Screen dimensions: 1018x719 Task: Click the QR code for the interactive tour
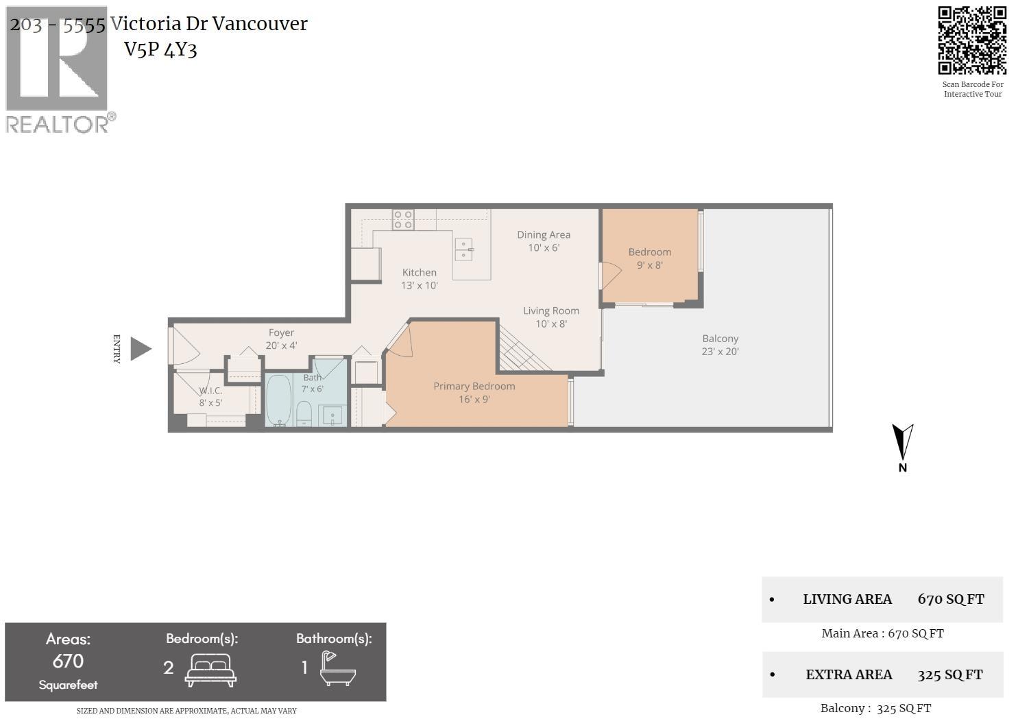click(x=972, y=40)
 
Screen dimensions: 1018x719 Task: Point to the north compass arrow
click(x=902, y=442)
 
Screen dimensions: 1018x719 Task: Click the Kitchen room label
click(x=419, y=279)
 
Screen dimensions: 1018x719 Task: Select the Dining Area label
click(x=544, y=241)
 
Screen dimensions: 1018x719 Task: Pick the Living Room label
click(x=550, y=317)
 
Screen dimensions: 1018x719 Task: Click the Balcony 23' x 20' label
click(x=720, y=345)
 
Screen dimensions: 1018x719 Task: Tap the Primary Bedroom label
click(x=474, y=393)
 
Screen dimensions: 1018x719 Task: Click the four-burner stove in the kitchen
click(x=403, y=219)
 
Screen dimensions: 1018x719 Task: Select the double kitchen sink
click(x=463, y=249)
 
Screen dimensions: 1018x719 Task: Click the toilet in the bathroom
click(x=304, y=414)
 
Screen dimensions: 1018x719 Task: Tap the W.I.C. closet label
click(x=210, y=396)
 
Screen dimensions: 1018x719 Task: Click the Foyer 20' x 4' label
click(x=281, y=339)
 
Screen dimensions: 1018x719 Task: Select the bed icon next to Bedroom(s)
click(x=210, y=670)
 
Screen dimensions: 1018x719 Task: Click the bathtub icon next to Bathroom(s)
click(x=338, y=668)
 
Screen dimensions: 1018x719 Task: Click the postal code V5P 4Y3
click(x=160, y=49)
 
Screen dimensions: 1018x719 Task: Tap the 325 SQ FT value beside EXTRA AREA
click(x=950, y=675)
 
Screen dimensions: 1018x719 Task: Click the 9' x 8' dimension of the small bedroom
click(x=649, y=265)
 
